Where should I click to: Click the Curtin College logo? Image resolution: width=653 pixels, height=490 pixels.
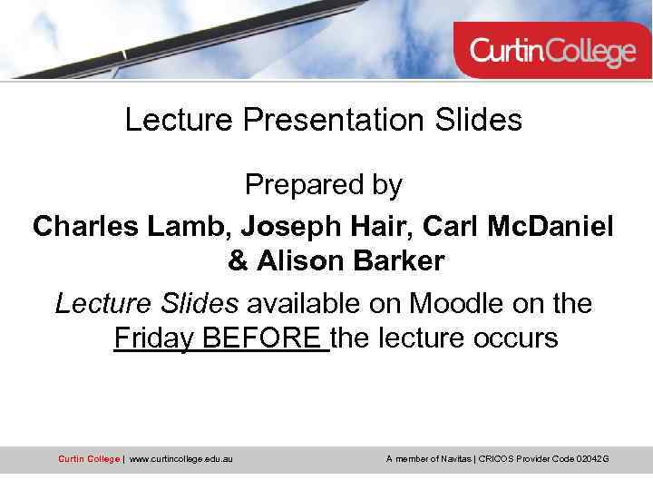pyautogui.click(x=552, y=51)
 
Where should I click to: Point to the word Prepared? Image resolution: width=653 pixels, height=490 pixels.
pyautogui.click(x=297, y=185)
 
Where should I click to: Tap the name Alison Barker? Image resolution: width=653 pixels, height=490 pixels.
pyautogui.click(x=350, y=261)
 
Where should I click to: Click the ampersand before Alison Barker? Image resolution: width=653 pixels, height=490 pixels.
pyautogui.click(x=238, y=261)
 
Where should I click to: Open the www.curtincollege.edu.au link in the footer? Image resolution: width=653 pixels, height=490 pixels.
pyautogui.click(x=180, y=459)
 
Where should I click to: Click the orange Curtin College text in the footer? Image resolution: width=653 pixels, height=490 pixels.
pyautogui.click(x=88, y=459)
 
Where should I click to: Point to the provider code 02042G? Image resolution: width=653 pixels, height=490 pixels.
pyautogui.click(x=592, y=459)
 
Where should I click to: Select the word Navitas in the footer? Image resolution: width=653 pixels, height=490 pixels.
pyautogui.click(x=454, y=459)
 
